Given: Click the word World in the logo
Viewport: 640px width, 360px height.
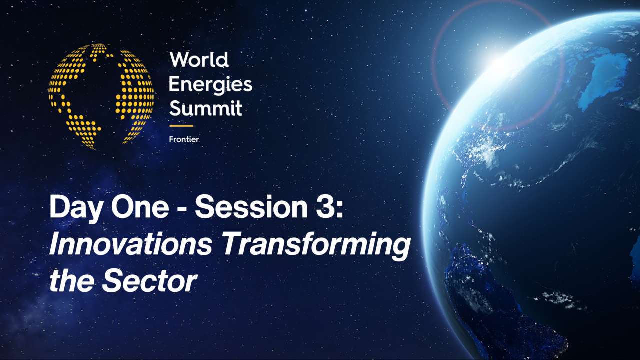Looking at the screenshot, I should pyautogui.click(x=199, y=60).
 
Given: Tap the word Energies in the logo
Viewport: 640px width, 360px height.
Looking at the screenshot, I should pyautogui.click(x=210, y=84).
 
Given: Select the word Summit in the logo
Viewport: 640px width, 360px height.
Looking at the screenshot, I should pyautogui.click(x=205, y=107).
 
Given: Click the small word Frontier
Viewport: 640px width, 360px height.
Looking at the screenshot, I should pyautogui.click(x=184, y=139).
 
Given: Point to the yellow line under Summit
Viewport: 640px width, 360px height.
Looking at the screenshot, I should pyautogui.click(x=181, y=126).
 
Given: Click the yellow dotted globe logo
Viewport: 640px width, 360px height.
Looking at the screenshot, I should pyautogui.click(x=101, y=96).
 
